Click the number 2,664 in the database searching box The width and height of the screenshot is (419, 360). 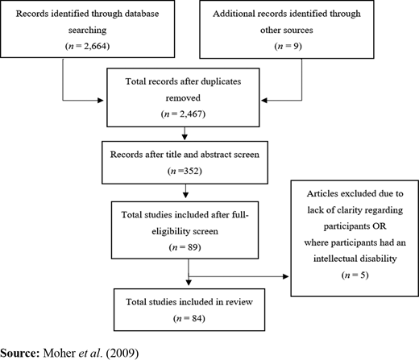(x=95, y=46)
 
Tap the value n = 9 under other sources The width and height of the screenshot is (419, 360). (x=288, y=46)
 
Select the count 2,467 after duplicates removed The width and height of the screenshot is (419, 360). (x=191, y=114)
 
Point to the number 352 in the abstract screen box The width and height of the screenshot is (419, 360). (x=192, y=171)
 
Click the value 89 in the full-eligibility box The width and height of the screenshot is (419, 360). (x=193, y=247)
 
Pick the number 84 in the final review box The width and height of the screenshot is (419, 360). (x=197, y=318)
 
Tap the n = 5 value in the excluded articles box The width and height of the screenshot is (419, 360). (x=355, y=275)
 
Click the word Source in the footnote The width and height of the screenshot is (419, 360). (x=19, y=353)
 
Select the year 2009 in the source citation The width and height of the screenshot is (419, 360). (x=122, y=353)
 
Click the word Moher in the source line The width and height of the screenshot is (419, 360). (x=60, y=353)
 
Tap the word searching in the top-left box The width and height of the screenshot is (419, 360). (x=87, y=30)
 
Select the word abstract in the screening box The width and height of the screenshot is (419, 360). (x=213, y=155)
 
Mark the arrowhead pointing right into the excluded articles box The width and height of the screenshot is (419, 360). (x=285, y=276)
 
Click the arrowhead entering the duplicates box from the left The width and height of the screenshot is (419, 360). (x=101, y=101)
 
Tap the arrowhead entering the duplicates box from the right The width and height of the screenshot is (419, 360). (x=264, y=101)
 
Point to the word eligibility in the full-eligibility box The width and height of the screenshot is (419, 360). (x=170, y=231)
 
